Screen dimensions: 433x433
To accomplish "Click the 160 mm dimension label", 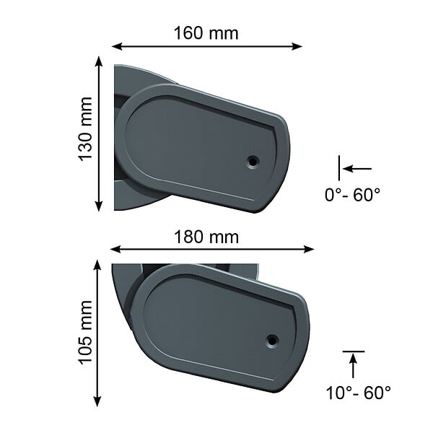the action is click(x=206, y=33).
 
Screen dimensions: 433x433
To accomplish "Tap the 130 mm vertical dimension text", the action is click(x=85, y=129).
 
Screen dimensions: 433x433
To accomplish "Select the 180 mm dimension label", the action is click(x=206, y=237).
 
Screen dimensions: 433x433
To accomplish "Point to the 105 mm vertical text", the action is click(x=85, y=332).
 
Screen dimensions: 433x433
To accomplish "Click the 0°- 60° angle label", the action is click(x=352, y=195).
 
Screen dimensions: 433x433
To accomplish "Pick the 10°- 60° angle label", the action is click(x=358, y=393).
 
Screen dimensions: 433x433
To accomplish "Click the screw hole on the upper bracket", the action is click(x=253, y=161).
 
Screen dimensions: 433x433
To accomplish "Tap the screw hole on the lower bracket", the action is click(x=272, y=340).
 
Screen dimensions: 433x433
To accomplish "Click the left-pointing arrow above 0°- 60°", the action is click(x=357, y=168).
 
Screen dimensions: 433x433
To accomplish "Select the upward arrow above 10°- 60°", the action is click(x=353, y=366).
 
